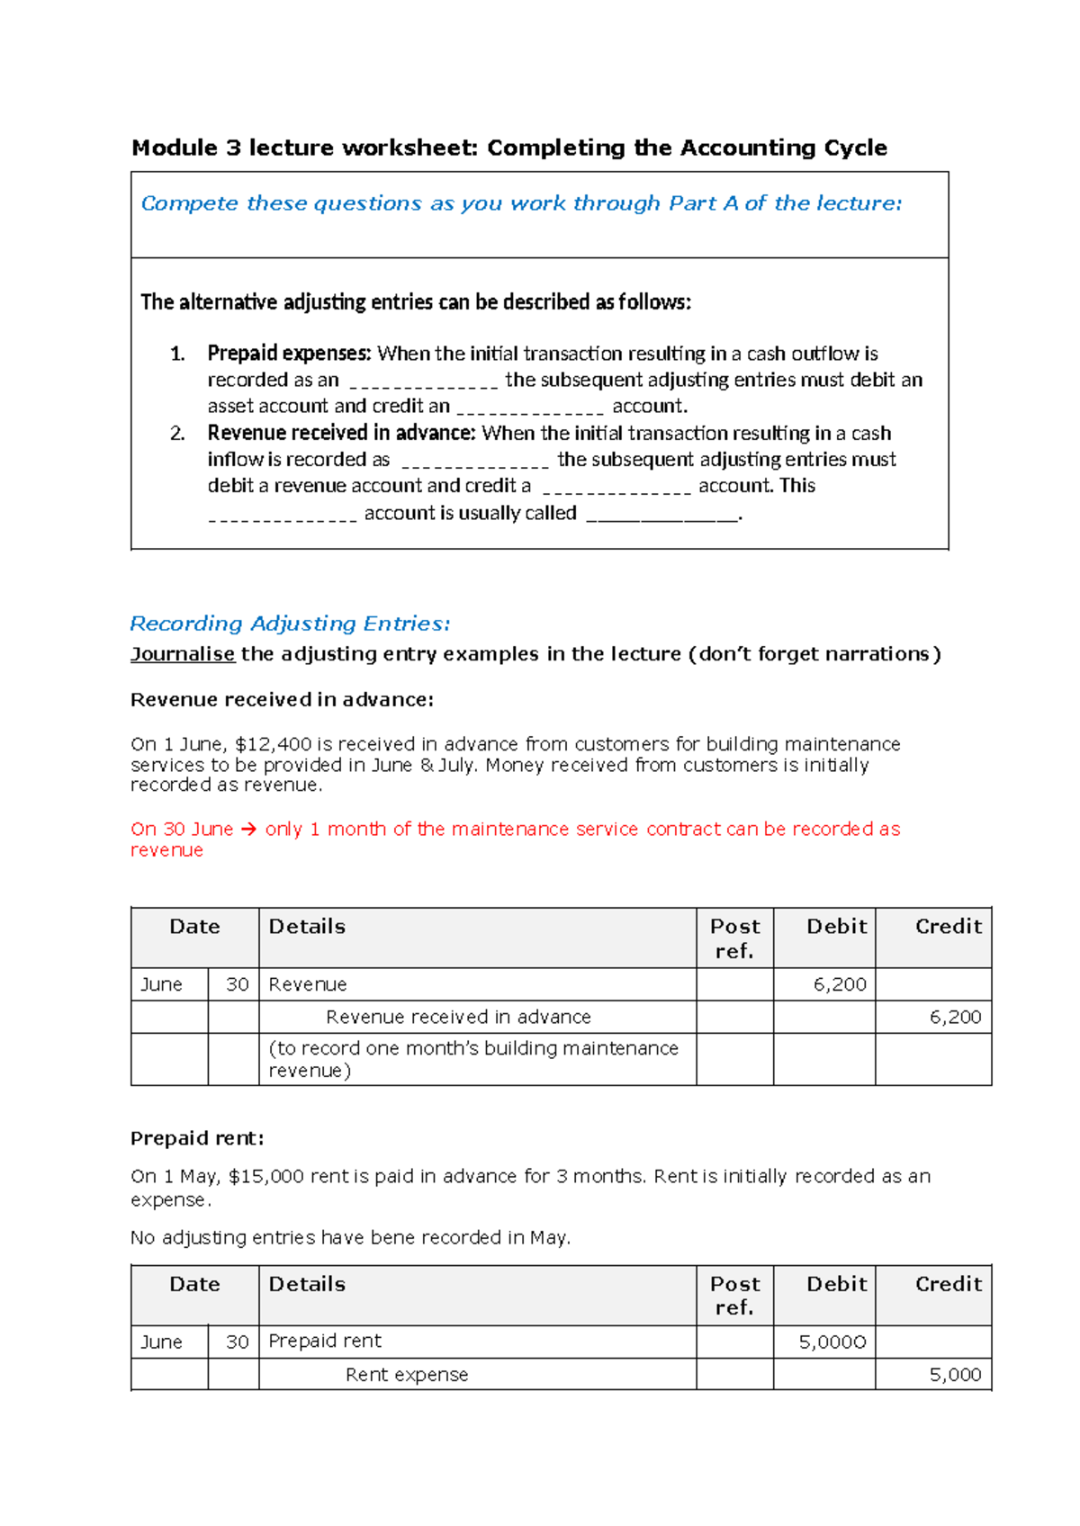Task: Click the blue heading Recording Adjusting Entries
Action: (290, 624)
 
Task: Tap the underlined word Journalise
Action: (183, 654)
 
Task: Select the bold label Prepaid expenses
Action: (289, 354)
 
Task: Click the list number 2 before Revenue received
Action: (177, 434)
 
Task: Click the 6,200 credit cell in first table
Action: (955, 1018)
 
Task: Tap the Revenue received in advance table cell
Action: (458, 1018)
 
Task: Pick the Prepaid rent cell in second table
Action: (325, 1342)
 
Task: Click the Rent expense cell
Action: (407, 1376)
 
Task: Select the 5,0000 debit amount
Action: (832, 1343)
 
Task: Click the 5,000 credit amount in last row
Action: (955, 1376)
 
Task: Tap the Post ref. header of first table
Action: (734, 938)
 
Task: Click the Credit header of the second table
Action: (948, 1285)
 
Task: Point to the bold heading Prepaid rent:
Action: (197, 1139)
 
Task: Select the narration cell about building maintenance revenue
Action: (473, 1060)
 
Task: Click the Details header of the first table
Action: (307, 927)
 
